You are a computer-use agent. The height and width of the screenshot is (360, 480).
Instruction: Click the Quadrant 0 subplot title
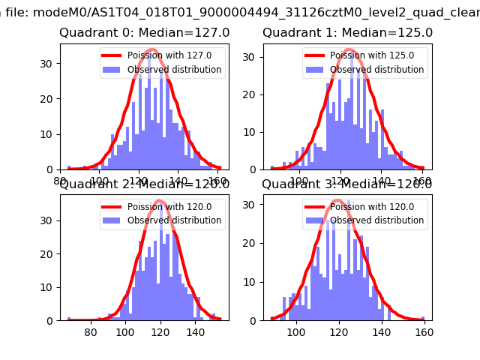(144, 33)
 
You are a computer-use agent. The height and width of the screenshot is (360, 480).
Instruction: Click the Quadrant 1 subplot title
(347, 33)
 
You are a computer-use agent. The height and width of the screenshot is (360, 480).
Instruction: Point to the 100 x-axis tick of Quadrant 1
(299, 181)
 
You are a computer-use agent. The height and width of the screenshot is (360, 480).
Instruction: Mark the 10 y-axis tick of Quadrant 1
(253, 132)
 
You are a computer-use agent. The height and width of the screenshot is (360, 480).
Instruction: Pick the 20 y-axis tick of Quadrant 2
(50, 255)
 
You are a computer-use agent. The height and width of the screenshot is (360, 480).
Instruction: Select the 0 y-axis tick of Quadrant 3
(256, 320)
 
